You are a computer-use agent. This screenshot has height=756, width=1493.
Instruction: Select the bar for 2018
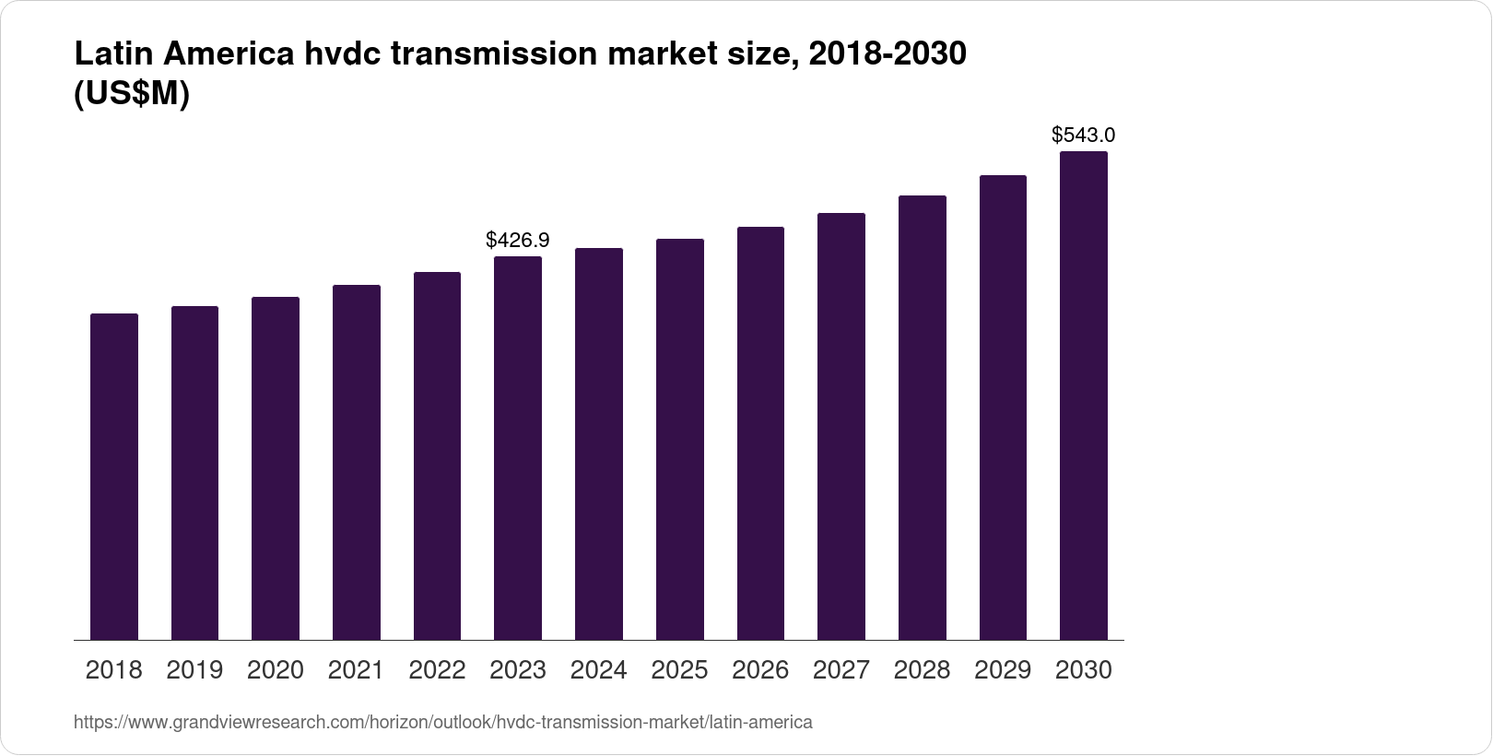pyautogui.click(x=114, y=477)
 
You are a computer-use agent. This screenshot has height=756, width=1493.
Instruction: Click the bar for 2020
pyautogui.click(x=276, y=468)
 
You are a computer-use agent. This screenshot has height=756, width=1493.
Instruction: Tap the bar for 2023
pyautogui.click(x=518, y=448)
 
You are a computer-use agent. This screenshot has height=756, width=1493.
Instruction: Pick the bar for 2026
pyautogui.click(x=760, y=433)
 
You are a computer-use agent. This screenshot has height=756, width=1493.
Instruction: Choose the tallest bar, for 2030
pyautogui.click(x=1084, y=396)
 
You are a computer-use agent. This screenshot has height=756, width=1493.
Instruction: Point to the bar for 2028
pyautogui.click(x=923, y=418)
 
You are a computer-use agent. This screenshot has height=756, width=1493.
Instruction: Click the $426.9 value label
pyautogui.click(x=518, y=241)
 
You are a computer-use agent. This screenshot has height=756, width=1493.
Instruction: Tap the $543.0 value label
pyautogui.click(x=1084, y=136)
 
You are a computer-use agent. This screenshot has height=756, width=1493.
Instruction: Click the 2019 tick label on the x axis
pyautogui.click(x=194, y=670)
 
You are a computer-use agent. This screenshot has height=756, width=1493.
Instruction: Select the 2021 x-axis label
pyautogui.click(x=357, y=670)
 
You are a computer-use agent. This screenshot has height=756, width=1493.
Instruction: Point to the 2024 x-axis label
pyautogui.click(x=599, y=670)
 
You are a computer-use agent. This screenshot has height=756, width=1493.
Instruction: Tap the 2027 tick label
pyautogui.click(x=841, y=670)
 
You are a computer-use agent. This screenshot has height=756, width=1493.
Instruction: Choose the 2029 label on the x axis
pyautogui.click(x=1003, y=670)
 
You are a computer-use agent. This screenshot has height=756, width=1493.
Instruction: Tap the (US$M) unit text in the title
pyautogui.click(x=132, y=94)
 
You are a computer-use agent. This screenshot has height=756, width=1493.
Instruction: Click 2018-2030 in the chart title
pyautogui.click(x=887, y=55)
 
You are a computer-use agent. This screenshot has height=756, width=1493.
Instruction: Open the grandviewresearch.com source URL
pyautogui.click(x=443, y=723)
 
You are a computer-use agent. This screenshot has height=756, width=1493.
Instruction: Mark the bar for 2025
pyautogui.click(x=680, y=440)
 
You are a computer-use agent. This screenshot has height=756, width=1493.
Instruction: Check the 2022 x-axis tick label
pyautogui.click(x=437, y=670)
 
